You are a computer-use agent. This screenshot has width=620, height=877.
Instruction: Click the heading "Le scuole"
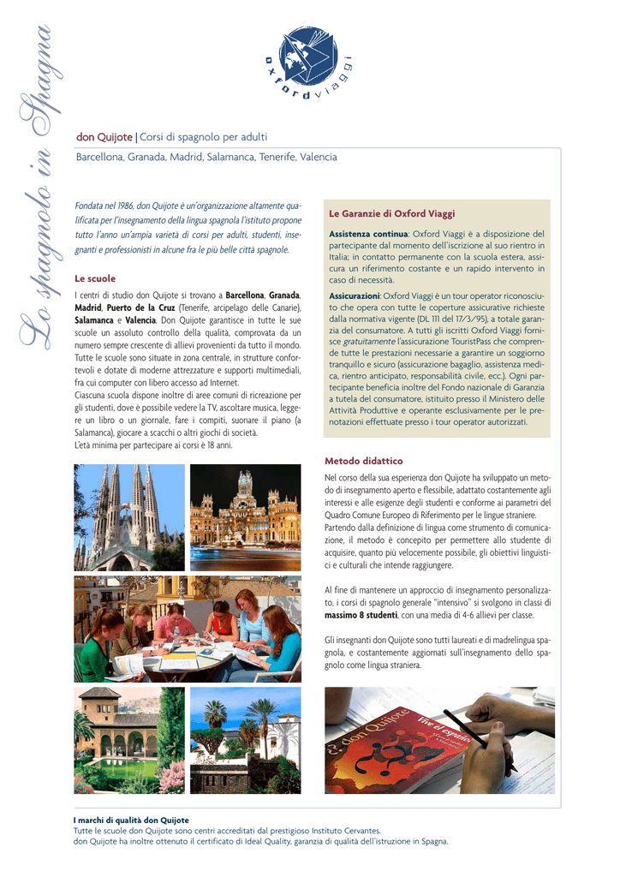[x=95, y=278]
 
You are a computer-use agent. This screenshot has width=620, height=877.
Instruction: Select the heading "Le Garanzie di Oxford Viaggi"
[x=392, y=213]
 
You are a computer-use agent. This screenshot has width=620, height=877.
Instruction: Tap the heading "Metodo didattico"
[x=363, y=461]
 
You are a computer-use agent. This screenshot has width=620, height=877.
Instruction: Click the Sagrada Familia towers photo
[x=128, y=517]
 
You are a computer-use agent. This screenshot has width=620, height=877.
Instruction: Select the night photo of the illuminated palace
[x=245, y=517]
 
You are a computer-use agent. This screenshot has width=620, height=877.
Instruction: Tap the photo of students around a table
[x=187, y=629]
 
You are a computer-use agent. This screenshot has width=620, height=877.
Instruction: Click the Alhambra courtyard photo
[x=128, y=740]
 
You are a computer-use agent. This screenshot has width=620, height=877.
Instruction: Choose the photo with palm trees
[x=245, y=740]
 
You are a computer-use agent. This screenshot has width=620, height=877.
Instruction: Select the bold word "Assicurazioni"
[x=355, y=295]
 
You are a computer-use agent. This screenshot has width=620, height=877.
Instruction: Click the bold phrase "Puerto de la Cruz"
[x=140, y=307]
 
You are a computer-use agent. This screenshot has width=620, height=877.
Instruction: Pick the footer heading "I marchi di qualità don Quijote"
[x=131, y=820]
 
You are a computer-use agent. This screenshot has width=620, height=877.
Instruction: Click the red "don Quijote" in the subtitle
[x=104, y=137]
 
